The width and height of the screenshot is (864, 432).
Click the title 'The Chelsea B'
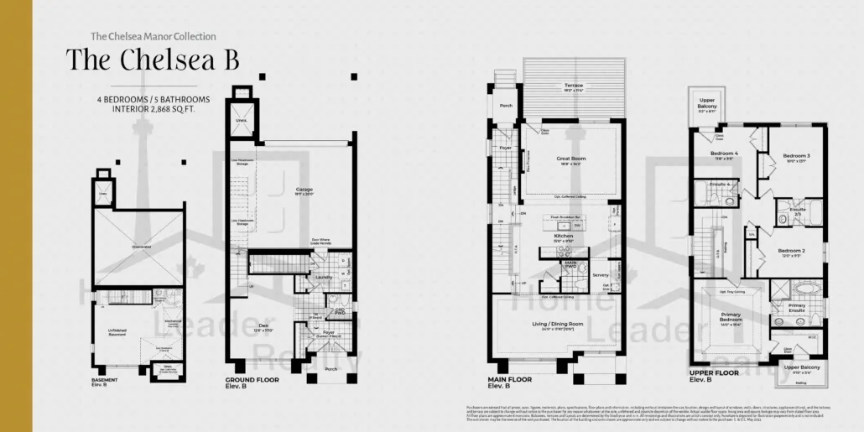153,60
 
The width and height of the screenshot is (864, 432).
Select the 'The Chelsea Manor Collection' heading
153,37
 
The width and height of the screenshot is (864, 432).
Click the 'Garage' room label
304,190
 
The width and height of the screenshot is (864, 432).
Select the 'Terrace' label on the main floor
574,86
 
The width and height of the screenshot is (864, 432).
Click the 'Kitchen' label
563,237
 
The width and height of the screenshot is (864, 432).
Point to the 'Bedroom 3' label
796,156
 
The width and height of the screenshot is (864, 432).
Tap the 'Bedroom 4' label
724,154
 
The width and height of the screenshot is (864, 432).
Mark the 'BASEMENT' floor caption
105,380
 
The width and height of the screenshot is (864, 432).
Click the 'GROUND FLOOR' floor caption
252,380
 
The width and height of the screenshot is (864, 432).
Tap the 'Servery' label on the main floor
600,275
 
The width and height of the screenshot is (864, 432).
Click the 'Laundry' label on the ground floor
323,277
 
